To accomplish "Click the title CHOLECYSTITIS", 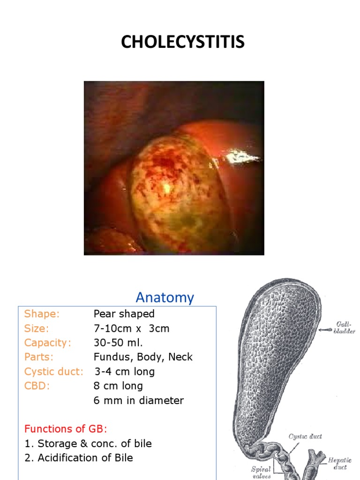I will [x=183, y=42].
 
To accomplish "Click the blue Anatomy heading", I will [x=165, y=297].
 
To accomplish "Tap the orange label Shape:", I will [x=42, y=314].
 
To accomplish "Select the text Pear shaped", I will [x=124, y=314].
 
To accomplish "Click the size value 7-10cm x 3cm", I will [x=131, y=328].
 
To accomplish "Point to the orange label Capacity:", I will [x=48, y=343].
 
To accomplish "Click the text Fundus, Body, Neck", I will [x=143, y=357].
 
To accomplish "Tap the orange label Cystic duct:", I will [x=54, y=372].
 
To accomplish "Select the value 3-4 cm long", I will [x=125, y=372].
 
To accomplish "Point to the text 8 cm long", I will [x=118, y=386].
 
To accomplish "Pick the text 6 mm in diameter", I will [x=139, y=400].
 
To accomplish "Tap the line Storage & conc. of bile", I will [x=94, y=443].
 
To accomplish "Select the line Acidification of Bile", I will [x=85, y=458].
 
